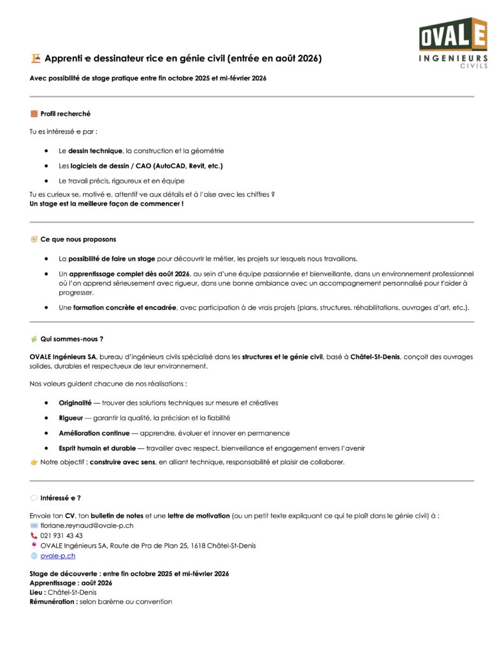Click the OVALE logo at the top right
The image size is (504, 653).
click(x=453, y=42)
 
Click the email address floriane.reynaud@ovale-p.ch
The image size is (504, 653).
click(x=87, y=525)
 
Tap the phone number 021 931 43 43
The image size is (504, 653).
click(x=61, y=536)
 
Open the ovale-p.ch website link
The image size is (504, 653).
click(x=58, y=556)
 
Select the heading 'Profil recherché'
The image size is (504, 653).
click(x=65, y=114)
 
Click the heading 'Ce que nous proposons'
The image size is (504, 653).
click(x=78, y=239)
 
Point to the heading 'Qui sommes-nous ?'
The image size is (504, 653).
click(x=71, y=339)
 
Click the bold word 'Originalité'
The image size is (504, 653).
click(x=75, y=403)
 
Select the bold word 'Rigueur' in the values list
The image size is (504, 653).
click(x=71, y=418)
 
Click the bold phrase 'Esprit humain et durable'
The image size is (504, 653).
click(x=97, y=448)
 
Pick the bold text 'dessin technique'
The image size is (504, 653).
click(x=95, y=150)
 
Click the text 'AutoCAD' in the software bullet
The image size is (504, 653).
click(x=169, y=166)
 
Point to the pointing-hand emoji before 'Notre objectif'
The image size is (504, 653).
click(x=34, y=462)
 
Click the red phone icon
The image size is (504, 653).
click(x=34, y=536)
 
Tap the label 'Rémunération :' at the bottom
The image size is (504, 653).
click(x=54, y=601)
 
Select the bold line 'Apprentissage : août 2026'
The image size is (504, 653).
click(x=71, y=583)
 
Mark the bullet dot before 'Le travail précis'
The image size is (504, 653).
click(x=47, y=181)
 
